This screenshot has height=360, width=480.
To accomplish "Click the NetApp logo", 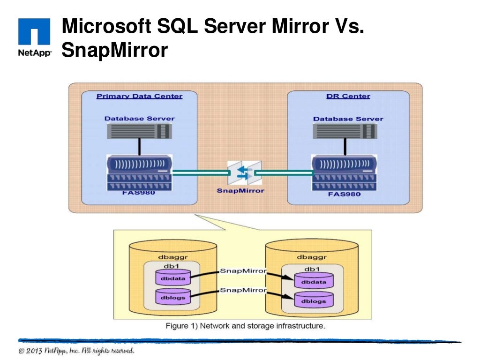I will [x=34, y=37].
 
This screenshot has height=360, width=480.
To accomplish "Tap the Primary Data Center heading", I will [x=139, y=96].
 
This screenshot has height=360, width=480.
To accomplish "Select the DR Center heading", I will [x=348, y=96].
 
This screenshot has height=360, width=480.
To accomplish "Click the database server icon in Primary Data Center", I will [x=139, y=131].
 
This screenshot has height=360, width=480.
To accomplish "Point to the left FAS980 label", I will [x=139, y=193].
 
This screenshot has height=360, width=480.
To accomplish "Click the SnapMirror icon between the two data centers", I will [x=244, y=173].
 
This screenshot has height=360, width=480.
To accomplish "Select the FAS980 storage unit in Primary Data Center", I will [x=139, y=172].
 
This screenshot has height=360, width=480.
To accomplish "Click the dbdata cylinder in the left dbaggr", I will [x=173, y=278].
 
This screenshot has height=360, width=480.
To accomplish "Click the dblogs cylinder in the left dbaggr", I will [x=173, y=297].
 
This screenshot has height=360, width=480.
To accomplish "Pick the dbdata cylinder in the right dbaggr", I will [x=314, y=281].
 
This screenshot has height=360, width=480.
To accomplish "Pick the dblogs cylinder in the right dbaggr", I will [x=314, y=300].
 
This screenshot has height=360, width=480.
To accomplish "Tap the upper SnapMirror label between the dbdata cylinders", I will [x=243, y=271].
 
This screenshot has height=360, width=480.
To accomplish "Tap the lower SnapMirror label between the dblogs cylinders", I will [x=243, y=290].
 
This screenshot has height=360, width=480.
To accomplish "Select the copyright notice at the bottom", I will [x=77, y=351].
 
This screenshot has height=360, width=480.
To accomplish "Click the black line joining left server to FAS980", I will [x=139, y=147].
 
